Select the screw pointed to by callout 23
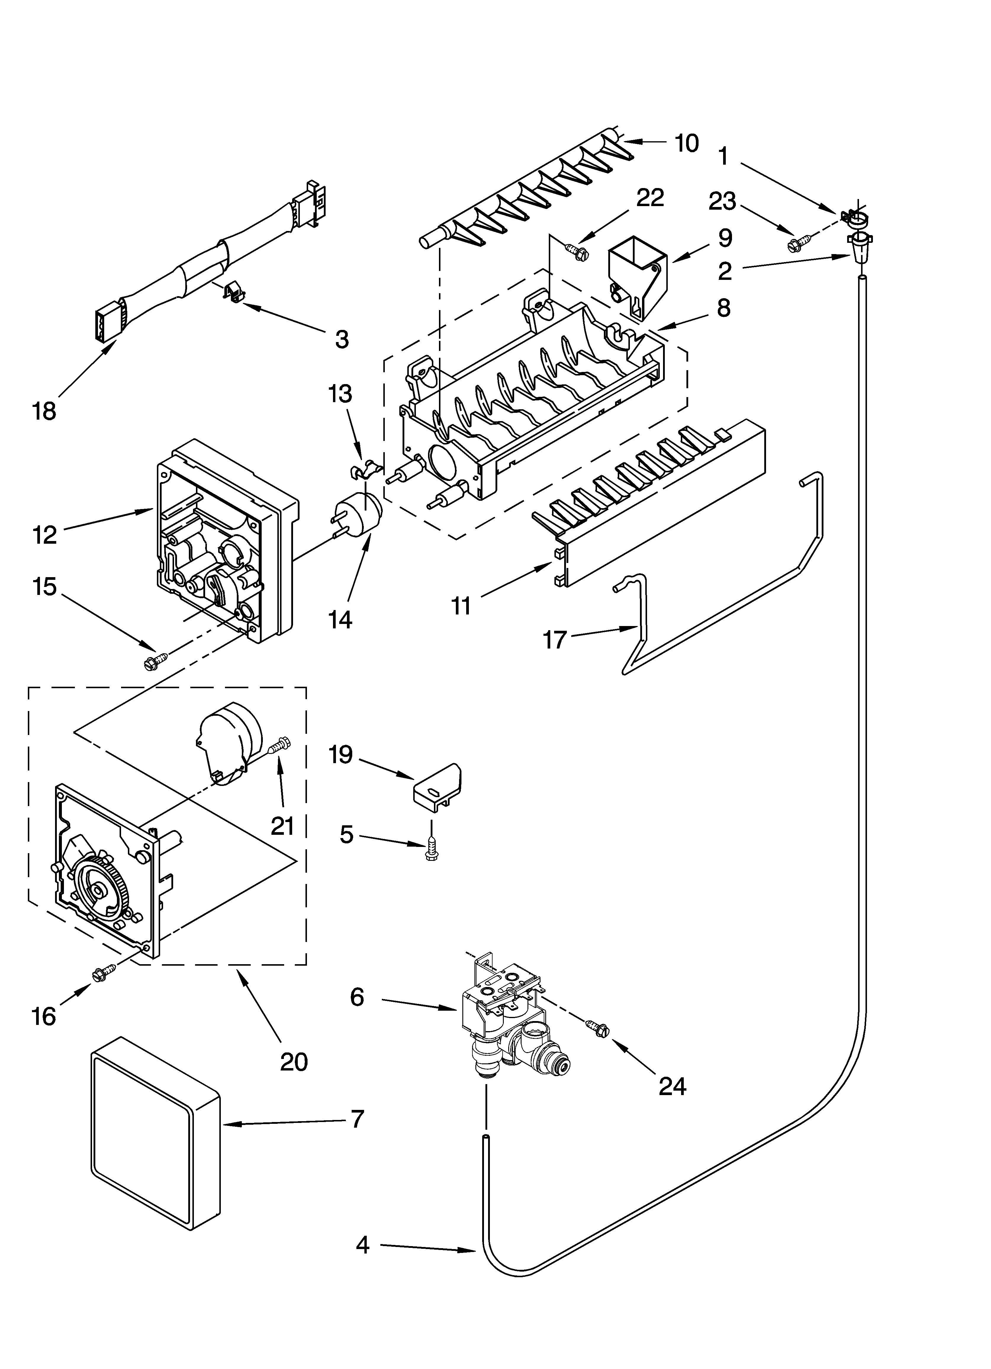795,245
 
